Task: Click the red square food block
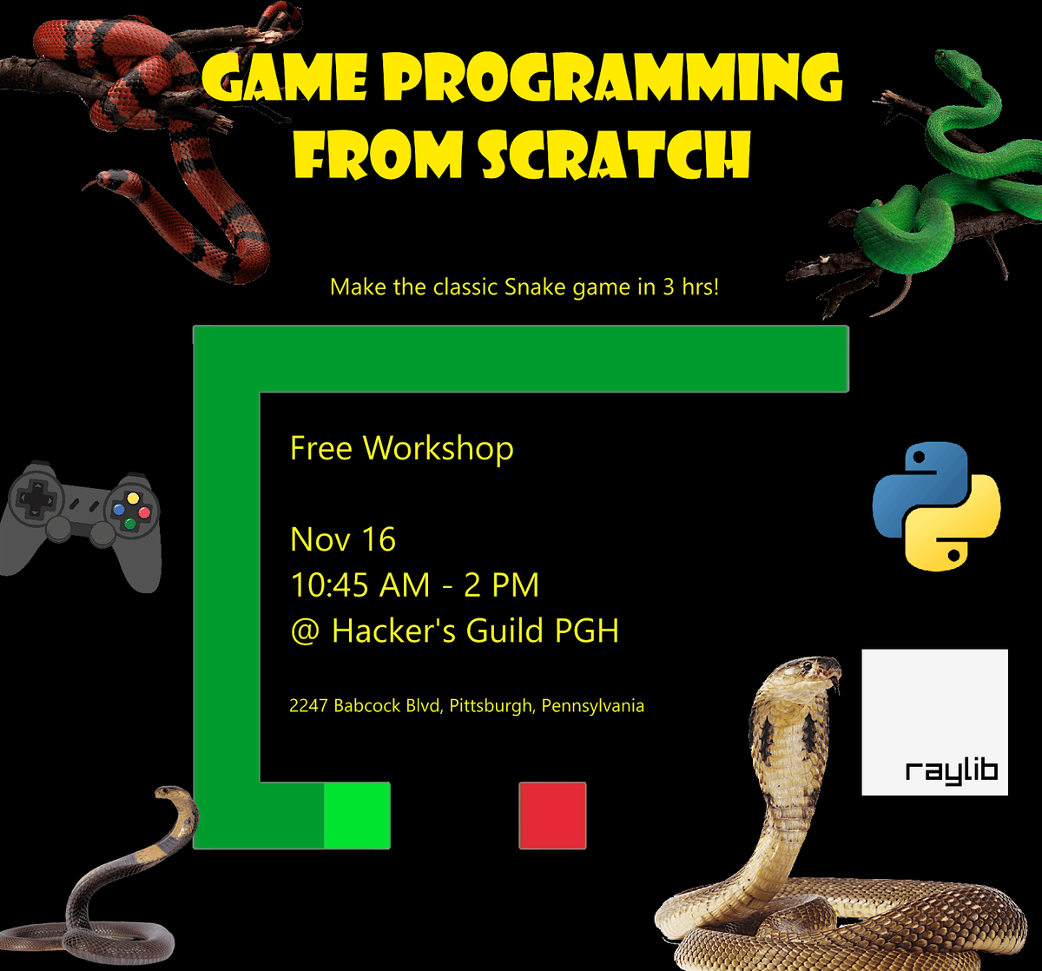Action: pos(552,815)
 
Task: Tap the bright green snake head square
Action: pos(357,815)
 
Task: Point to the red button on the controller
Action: pos(144,512)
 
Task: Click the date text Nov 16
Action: pos(343,539)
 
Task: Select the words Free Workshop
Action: pos(401,448)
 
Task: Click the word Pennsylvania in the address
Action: pos(593,706)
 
